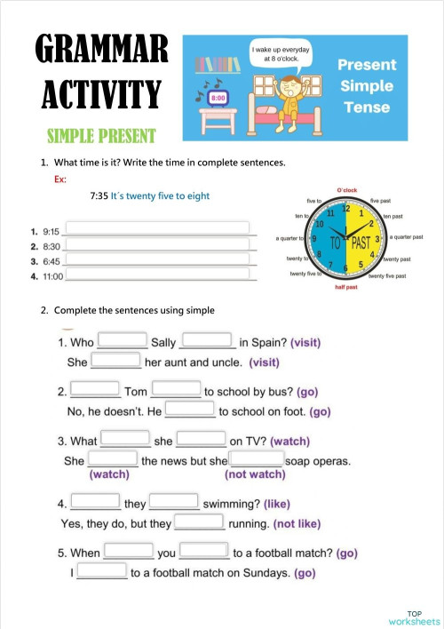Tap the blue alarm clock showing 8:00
tap(218, 95)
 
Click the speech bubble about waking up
tap(281, 54)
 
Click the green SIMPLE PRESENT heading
tap(101, 136)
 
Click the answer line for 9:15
tap(157, 229)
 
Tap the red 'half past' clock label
tap(346, 288)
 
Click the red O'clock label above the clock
tap(346, 189)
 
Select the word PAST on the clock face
tap(360, 241)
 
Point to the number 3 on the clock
tap(377, 240)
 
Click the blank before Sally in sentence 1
tap(123, 339)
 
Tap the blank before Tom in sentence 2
tap(95, 389)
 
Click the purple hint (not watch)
tap(255, 474)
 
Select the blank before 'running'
tap(200, 522)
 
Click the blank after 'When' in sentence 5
tap(129, 551)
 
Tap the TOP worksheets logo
tap(414, 617)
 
